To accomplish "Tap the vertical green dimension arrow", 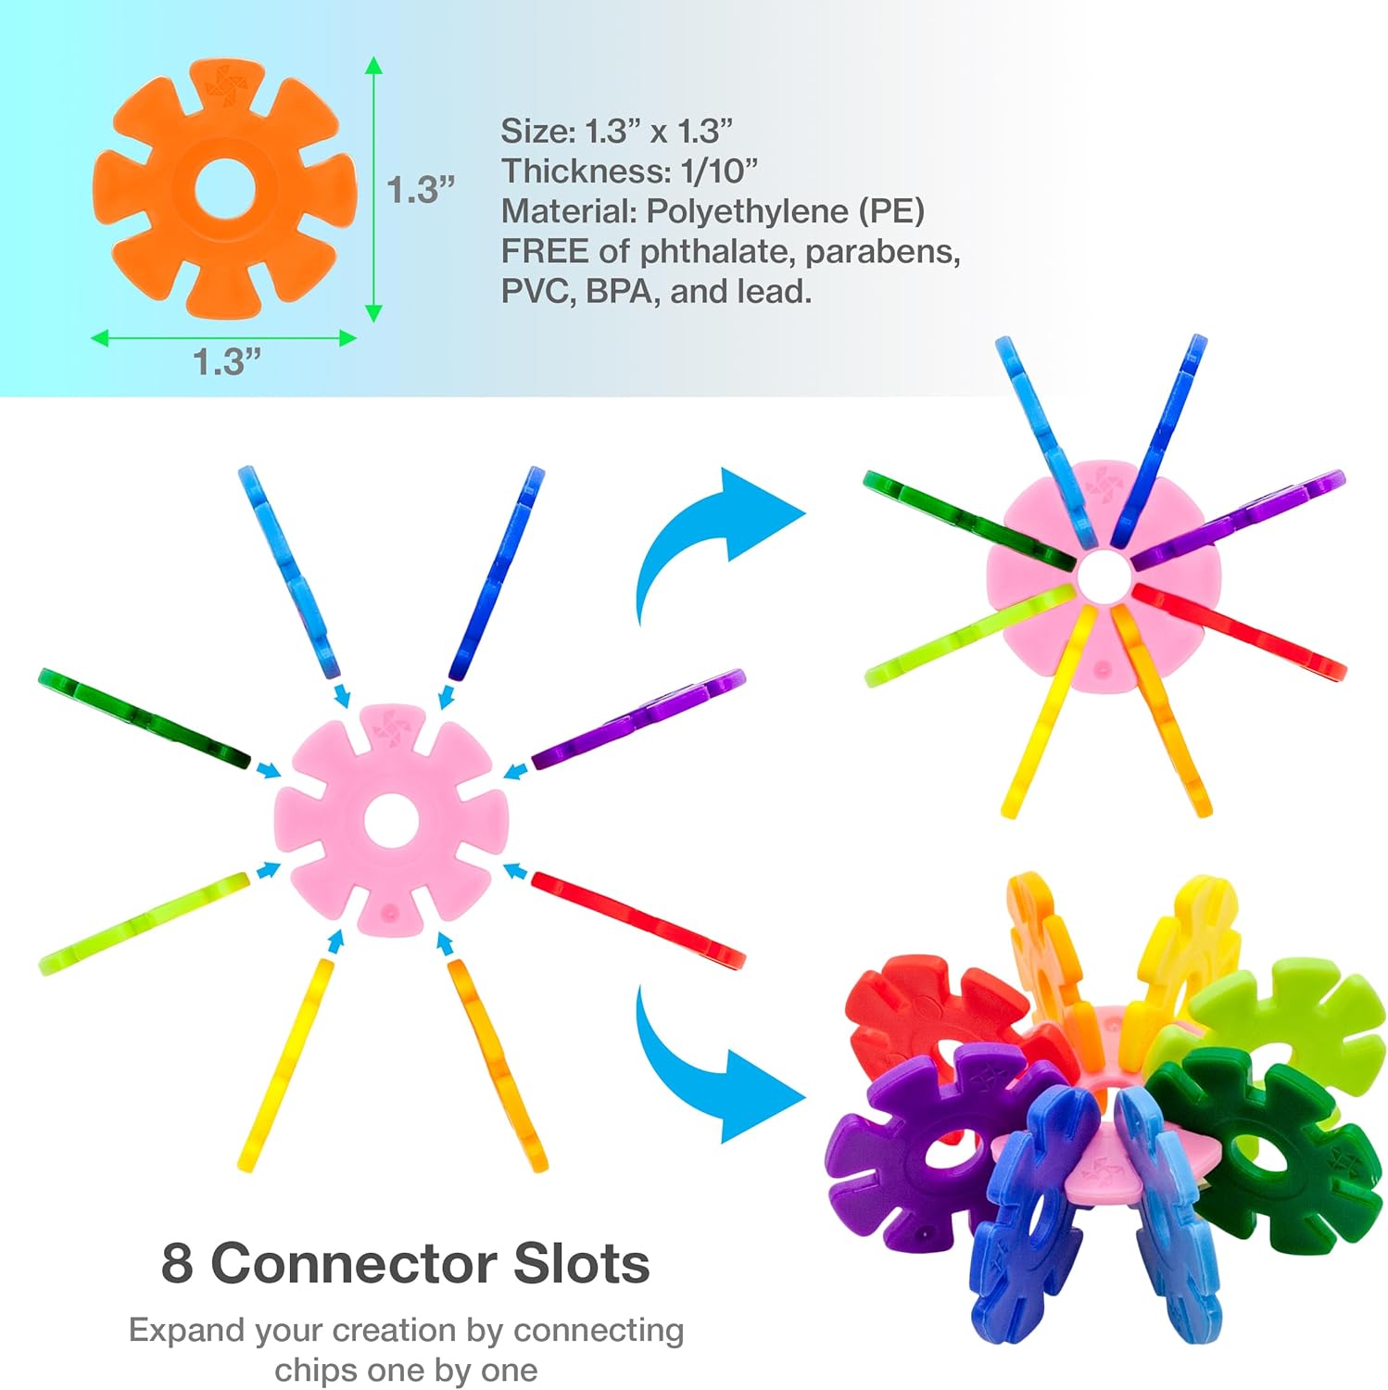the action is (373, 189).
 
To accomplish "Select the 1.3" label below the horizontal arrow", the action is (227, 361).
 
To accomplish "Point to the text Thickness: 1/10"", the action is (630, 171).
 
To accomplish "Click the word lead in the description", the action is (773, 292).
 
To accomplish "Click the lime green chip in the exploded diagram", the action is (144, 923).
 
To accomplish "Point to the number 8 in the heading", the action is (177, 1263).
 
